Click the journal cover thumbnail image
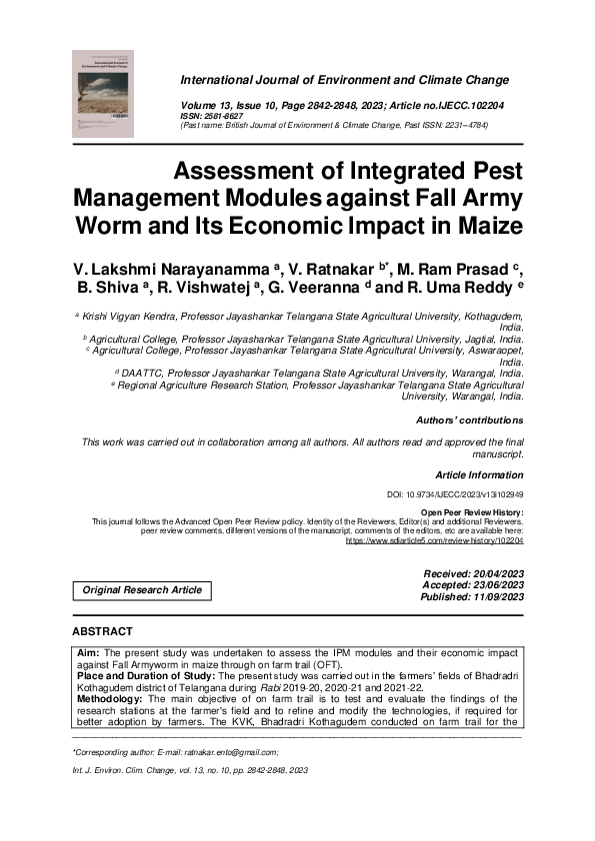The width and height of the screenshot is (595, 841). tap(108, 93)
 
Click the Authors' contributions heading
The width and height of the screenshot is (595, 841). tap(469, 420)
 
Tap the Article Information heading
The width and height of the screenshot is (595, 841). tap(479, 475)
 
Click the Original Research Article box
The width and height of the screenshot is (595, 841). tap(142, 590)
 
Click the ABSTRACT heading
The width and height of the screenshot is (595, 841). tap(102, 632)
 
